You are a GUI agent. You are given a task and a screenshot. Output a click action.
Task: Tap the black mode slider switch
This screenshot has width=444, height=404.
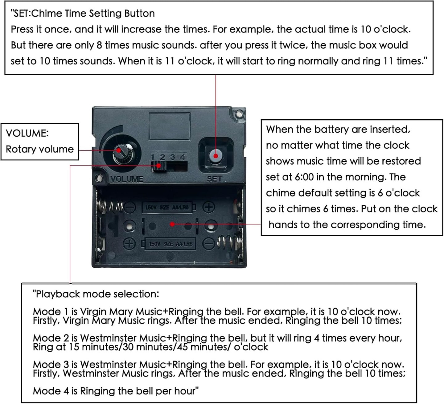point(159,166)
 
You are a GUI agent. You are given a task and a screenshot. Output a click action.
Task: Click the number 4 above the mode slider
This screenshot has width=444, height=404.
point(183,157)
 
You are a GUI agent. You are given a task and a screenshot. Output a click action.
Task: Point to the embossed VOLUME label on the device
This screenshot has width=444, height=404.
point(127,179)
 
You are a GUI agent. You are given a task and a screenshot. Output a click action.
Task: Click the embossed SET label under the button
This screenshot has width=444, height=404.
point(215,179)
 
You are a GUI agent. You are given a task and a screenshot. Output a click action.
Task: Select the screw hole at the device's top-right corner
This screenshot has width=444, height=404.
point(239,114)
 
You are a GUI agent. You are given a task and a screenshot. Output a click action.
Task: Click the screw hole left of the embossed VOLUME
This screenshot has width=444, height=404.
point(99,178)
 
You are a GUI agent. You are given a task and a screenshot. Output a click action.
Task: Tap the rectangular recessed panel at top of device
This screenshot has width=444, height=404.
point(170,126)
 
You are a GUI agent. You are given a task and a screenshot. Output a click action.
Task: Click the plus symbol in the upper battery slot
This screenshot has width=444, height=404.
point(208,207)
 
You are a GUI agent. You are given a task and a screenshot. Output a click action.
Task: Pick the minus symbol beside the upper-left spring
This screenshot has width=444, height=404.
point(130,207)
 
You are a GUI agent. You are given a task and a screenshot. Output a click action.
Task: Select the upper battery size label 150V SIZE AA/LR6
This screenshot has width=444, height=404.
point(167,208)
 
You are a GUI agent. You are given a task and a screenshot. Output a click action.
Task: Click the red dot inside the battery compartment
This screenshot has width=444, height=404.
point(172,224)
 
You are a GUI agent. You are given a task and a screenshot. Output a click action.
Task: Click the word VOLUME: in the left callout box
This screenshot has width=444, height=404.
point(27,133)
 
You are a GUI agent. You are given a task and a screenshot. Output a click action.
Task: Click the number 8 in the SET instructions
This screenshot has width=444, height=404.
point(99,45)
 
